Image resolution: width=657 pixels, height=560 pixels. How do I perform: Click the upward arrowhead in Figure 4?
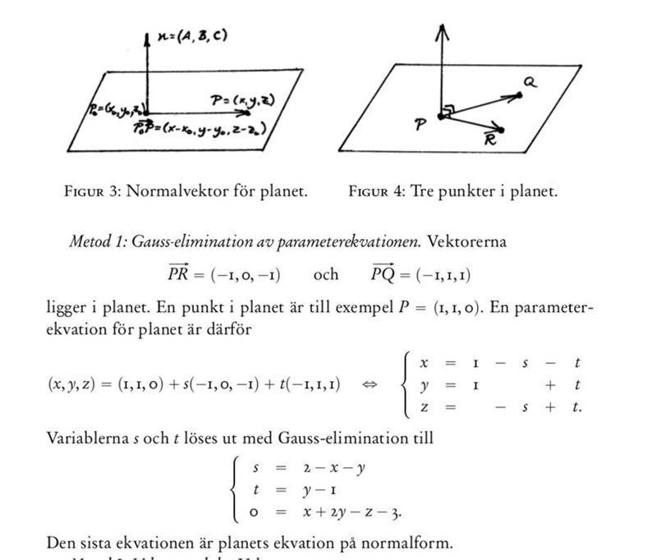click(442, 30)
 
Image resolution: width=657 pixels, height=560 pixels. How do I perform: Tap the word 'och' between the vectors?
click(325, 274)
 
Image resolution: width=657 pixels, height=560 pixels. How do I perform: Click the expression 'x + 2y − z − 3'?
click(356, 513)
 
